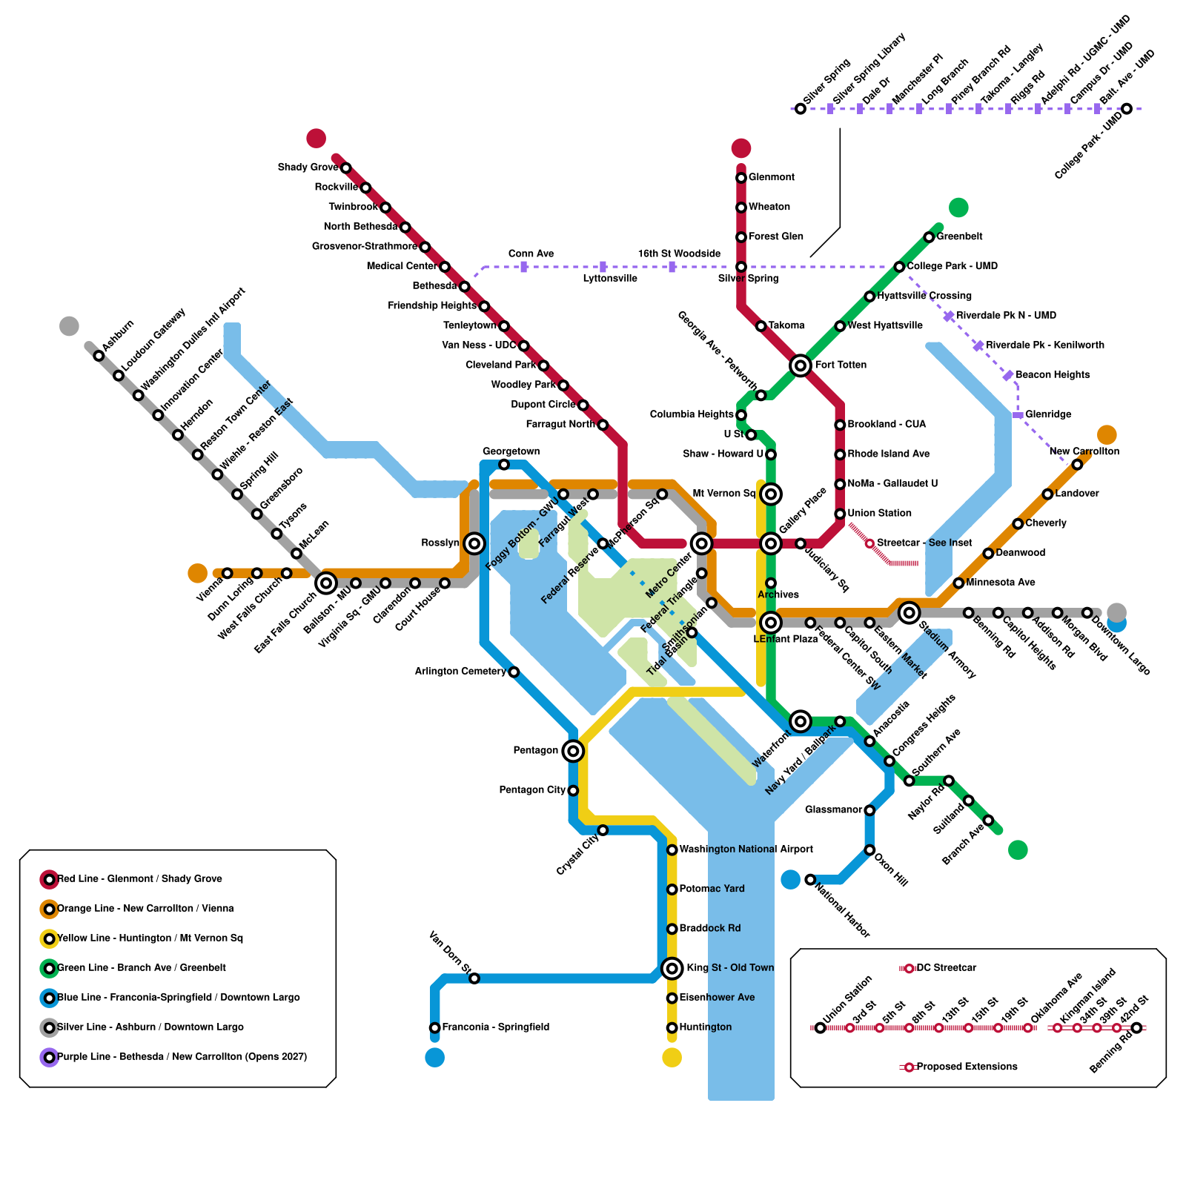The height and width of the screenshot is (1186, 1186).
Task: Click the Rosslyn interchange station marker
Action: [x=474, y=543]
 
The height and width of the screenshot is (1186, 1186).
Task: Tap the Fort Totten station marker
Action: [x=801, y=365]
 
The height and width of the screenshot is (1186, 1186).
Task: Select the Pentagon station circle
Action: [x=573, y=751]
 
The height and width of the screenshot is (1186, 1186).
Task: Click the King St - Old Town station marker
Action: [x=672, y=968]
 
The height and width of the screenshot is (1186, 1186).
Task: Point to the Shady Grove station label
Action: [x=308, y=168]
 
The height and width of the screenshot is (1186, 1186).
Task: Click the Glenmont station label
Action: [x=771, y=177]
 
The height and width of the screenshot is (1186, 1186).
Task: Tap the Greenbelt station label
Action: [x=959, y=236]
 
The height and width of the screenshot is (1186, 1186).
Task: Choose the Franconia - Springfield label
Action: [x=495, y=1027]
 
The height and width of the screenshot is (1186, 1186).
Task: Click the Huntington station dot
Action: [x=672, y=1027]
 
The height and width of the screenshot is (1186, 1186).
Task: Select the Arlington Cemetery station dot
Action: [x=514, y=672]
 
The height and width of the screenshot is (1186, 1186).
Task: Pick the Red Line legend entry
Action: [x=139, y=879]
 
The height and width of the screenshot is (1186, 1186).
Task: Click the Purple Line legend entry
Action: [x=182, y=1057]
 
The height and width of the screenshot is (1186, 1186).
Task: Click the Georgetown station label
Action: [x=511, y=451]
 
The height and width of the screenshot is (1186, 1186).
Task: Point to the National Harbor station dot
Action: [x=810, y=880]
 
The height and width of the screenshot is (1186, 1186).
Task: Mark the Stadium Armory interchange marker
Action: [x=910, y=612]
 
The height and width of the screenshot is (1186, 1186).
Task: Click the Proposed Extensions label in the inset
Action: [x=967, y=1067]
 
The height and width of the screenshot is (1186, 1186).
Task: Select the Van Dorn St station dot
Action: [x=474, y=978]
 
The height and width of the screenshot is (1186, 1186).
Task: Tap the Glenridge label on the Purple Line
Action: [x=1048, y=414]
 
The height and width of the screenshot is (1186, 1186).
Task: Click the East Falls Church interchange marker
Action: [x=326, y=583]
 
